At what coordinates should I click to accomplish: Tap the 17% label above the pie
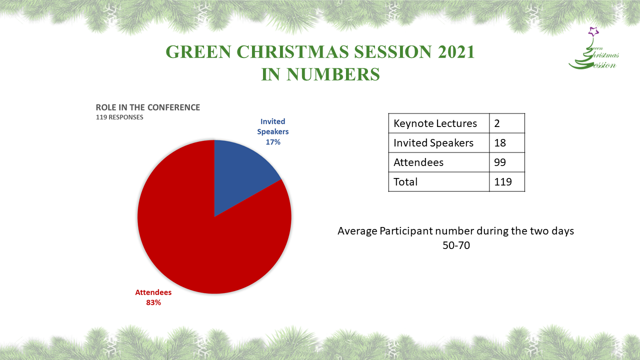click(x=273, y=142)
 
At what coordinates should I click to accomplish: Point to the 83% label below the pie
click(x=153, y=302)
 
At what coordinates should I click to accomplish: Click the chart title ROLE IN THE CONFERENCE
click(x=147, y=107)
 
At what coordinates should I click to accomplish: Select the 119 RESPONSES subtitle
click(x=119, y=117)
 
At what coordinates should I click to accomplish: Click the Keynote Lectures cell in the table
click(x=435, y=123)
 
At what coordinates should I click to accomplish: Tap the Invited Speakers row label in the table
click(x=433, y=143)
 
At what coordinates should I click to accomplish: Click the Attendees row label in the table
click(x=418, y=162)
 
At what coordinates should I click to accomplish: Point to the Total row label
click(x=405, y=181)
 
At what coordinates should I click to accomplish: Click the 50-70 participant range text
click(x=456, y=245)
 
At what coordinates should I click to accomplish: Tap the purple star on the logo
click(x=593, y=31)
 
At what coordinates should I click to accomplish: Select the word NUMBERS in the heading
click(x=333, y=74)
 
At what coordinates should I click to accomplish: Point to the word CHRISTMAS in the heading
click(x=293, y=51)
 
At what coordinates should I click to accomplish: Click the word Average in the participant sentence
click(x=357, y=231)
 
